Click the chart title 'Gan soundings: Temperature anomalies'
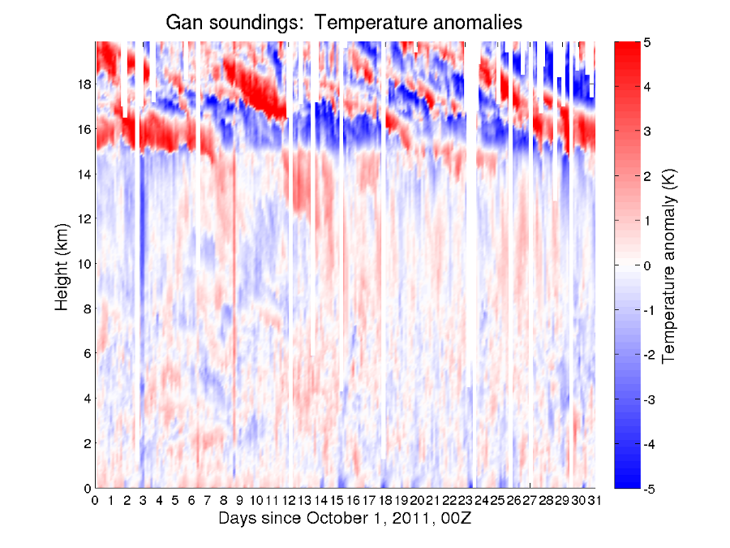tap(344, 22)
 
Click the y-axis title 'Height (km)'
tap(62, 264)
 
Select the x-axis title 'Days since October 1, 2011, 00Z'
tap(345, 518)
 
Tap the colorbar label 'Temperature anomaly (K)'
tap(669, 265)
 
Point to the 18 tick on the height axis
tap(84, 84)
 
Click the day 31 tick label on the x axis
tap(595, 500)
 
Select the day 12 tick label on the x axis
tap(289, 500)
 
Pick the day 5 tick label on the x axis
tap(176, 500)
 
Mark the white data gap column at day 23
tap(471, 244)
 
